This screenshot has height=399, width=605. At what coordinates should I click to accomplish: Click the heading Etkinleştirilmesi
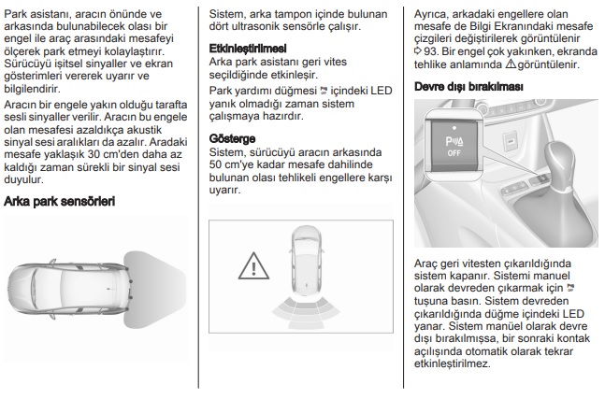coord(248,46)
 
